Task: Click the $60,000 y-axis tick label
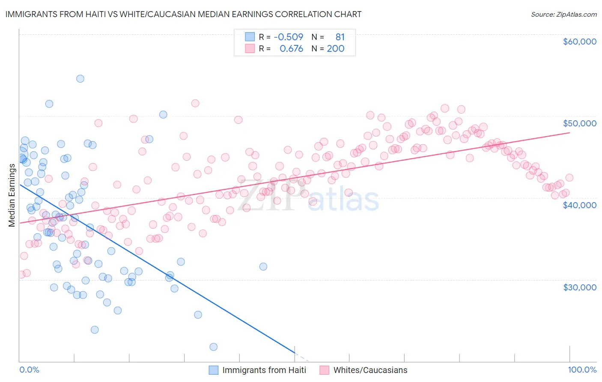coord(579,42)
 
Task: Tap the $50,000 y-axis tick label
coord(579,123)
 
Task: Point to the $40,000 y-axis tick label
coord(579,205)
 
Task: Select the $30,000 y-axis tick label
coord(579,287)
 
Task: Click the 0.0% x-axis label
coord(29,370)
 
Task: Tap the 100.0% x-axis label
coord(582,370)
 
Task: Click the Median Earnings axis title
coord(12,195)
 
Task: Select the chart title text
coord(183,14)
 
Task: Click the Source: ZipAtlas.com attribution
coord(563,14)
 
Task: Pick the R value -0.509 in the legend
coord(288,37)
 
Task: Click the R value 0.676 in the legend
coord(291,48)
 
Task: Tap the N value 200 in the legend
coord(336,48)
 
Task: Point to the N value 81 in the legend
coord(340,37)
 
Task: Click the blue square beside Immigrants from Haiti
coord(213,370)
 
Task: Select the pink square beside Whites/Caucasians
coord(324,370)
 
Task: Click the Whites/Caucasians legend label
coord(370,370)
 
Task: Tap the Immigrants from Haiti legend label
coord(264,370)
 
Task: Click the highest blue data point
coord(80,78)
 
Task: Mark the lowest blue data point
coord(213,347)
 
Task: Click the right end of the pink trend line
coord(569,133)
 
